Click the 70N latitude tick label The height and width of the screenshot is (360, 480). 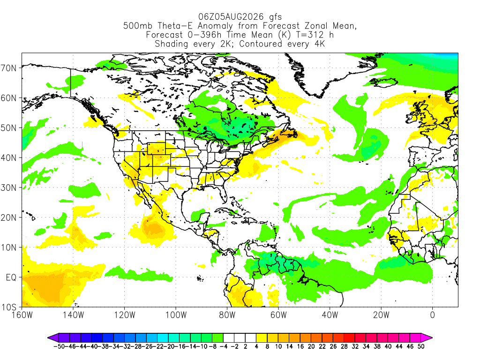[8, 68]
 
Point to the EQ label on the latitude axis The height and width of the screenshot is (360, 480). [11, 277]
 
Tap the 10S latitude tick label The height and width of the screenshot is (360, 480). [8, 307]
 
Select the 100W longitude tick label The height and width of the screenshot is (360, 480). [176, 315]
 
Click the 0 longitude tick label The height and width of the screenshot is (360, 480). [433, 315]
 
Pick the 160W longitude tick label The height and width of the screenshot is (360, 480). [22, 315]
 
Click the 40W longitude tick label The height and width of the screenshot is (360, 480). [330, 315]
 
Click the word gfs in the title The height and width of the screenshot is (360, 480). [275, 17]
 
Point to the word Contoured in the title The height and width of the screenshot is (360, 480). [261, 44]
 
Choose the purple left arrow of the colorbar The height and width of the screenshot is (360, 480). [53, 338]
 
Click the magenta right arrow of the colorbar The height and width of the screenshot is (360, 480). [427, 338]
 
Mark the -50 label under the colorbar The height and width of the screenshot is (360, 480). [59, 346]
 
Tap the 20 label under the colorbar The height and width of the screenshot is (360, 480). [311, 346]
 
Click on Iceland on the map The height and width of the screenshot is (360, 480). [384, 82]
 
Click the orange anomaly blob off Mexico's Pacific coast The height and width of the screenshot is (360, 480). [155, 228]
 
